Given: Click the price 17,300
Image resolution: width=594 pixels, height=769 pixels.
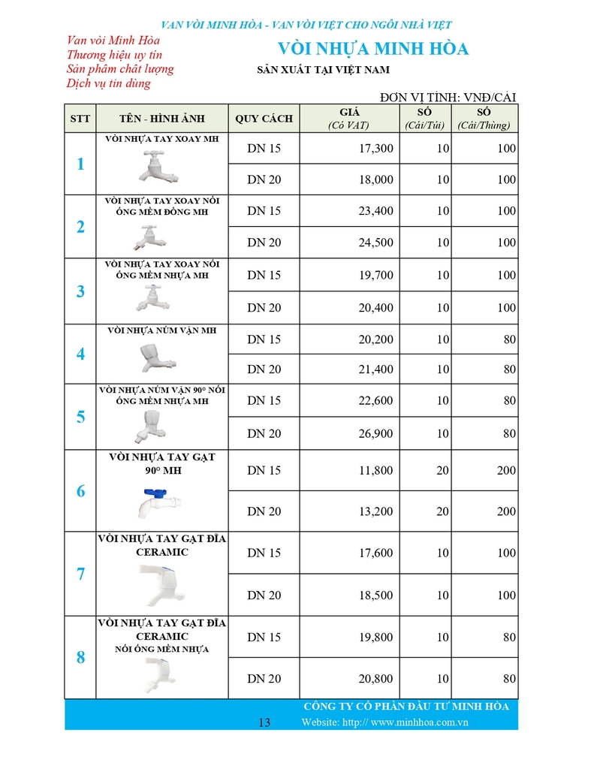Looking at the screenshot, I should [x=375, y=149].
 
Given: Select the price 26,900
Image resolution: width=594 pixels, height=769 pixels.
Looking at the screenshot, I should [x=375, y=433].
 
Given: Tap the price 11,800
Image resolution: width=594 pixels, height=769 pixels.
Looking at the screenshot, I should [x=375, y=471].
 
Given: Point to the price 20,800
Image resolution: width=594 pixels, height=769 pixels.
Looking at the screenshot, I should [x=375, y=679].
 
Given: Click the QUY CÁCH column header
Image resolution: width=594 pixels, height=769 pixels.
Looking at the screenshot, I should [x=264, y=119].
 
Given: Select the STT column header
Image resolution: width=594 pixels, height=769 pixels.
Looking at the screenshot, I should [x=80, y=119].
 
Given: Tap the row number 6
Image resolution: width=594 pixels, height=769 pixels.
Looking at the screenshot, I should [x=80, y=492].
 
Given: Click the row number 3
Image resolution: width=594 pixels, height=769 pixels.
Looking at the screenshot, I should [x=80, y=291].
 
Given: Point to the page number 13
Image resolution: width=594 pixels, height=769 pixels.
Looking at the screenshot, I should [x=264, y=722].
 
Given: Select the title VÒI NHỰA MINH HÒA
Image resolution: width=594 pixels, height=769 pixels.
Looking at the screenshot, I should [x=373, y=50].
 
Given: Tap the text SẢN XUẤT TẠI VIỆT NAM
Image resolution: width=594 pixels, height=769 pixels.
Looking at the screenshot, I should [x=323, y=71].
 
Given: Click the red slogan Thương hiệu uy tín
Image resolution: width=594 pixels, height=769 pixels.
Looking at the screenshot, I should [x=114, y=55].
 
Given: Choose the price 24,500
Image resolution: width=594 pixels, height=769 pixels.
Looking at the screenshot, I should [x=375, y=243].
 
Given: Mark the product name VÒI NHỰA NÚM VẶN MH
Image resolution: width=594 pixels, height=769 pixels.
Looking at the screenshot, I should [x=161, y=330].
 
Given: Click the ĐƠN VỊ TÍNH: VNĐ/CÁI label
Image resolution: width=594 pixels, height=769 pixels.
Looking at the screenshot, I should [x=448, y=97].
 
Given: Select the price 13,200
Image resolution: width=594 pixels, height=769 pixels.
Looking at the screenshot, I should [x=375, y=511].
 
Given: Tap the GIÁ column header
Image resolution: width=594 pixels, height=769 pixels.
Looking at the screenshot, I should [x=349, y=119].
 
